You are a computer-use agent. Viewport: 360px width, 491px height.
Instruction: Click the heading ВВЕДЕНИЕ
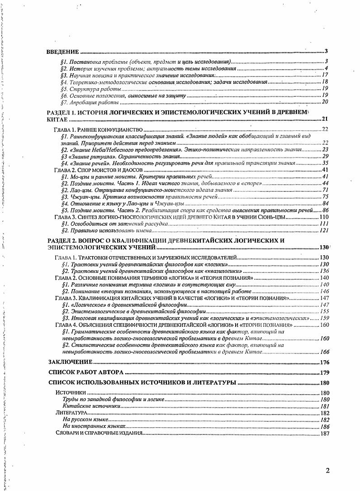click(63, 52)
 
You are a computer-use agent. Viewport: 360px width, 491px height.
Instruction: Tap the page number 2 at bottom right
click(327, 470)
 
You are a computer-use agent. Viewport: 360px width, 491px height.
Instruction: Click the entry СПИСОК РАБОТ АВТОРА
click(86, 373)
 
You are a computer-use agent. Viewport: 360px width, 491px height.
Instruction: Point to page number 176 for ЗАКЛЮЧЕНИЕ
click(324, 362)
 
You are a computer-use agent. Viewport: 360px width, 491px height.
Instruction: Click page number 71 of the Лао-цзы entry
click(325, 190)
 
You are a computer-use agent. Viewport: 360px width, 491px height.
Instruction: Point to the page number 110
click(324, 217)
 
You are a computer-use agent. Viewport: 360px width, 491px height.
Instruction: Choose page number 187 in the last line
click(324, 433)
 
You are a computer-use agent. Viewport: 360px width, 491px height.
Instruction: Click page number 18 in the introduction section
click(325, 82)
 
